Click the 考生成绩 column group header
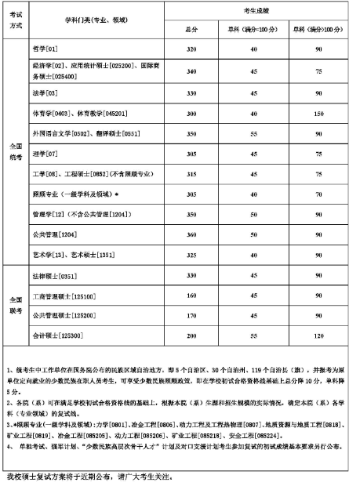[x=254, y=11]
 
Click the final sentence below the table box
[x=86, y=477]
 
